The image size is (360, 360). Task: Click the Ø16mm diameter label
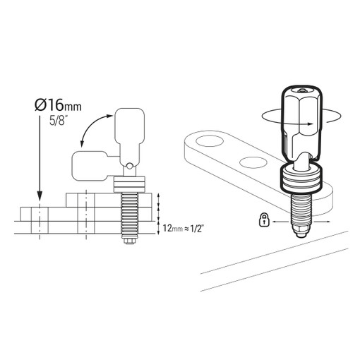click(x=58, y=104)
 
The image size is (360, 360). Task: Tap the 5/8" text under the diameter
click(x=58, y=120)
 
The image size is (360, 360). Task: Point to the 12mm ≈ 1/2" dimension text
click(x=183, y=228)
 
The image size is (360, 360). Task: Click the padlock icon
click(x=264, y=220)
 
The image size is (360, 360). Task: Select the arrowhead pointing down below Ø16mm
click(x=40, y=196)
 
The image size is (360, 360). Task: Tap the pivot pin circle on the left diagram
click(x=128, y=166)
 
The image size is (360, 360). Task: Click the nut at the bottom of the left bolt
click(x=128, y=241)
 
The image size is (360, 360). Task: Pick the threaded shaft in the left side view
click(x=129, y=215)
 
